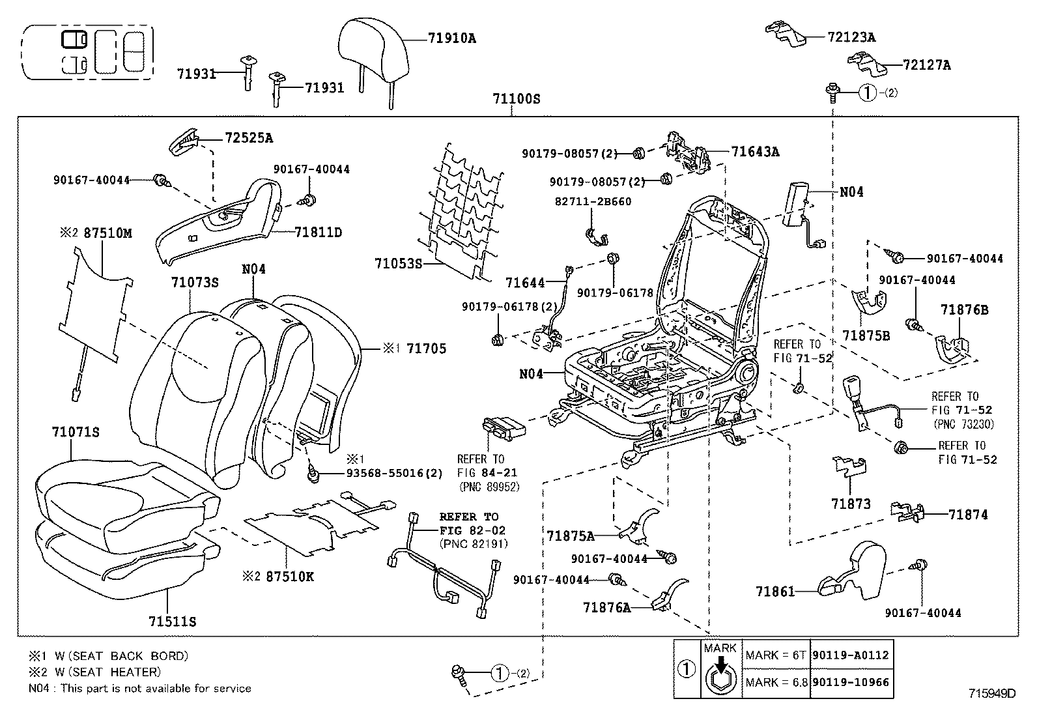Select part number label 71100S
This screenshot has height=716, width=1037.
pyautogui.click(x=516, y=100)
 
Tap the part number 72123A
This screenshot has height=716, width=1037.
pyautogui.click(x=851, y=37)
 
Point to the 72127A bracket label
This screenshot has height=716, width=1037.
pyautogui.click(x=926, y=65)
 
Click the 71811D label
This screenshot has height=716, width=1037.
pyautogui.click(x=318, y=233)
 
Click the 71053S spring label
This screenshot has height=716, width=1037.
pyautogui.click(x=399, y=264)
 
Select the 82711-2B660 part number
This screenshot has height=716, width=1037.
pyautogui.click(x=593, y=202)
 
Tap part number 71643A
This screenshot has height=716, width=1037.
pyautogui.click(x=755, y=152)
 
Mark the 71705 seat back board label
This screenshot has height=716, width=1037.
pyautogui.click(x=426, y=349)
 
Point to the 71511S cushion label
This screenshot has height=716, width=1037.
pyautogui.click(x=172, y=622)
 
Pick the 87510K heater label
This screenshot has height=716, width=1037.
pyautogui.click(x=289, y=577)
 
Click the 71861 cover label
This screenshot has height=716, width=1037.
pyautogui.click(x=775, y=592)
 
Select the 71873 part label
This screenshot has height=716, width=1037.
pyautogui.click(x=851, y=504)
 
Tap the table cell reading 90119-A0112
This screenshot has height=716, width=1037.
pyautogui.click(x=851, y=655)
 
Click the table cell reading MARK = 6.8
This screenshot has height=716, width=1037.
pyautogui.click(x=776, y=683)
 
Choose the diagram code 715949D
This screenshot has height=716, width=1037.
pyautogui.click(x=992, y=694)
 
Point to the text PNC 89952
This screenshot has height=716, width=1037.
pyautogui.click(x=490, y=486)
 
